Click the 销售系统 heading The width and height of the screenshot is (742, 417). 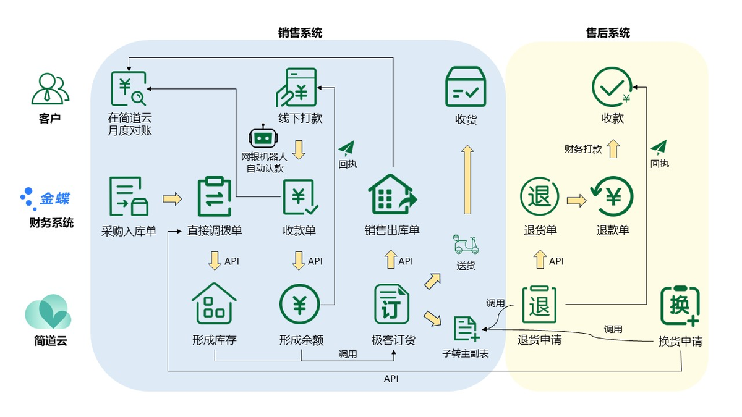click(300, 33)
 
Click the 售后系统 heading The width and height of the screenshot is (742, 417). click(608, 33)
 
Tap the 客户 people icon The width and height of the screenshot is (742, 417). click(50, 89)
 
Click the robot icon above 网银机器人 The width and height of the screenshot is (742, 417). click(260, 139)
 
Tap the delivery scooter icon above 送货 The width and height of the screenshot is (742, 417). click(466, 244)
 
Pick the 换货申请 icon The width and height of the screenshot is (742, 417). click(680, 306)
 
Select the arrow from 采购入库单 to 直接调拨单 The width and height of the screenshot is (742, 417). click(173, 199)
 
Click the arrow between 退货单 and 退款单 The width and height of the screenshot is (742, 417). click(576, 201)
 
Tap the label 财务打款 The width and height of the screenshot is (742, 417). click(582, 149)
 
